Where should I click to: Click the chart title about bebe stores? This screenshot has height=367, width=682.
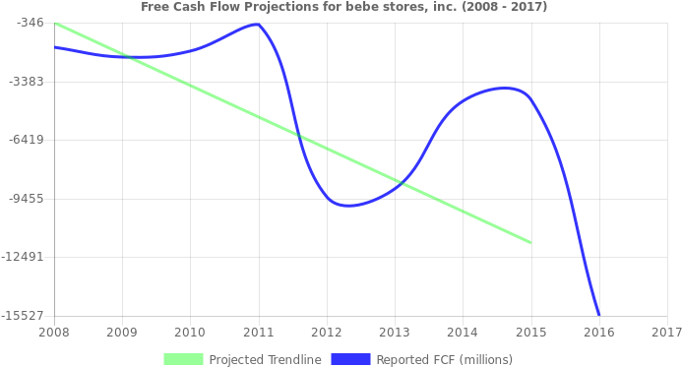[x=343, y=7]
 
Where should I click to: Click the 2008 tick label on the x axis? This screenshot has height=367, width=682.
[x=53, y=333]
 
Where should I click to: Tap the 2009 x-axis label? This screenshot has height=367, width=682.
[x=122, y=333]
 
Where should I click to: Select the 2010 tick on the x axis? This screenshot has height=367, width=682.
[x=190, y=333]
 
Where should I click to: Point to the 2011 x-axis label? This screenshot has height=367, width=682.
[x=258, y=333]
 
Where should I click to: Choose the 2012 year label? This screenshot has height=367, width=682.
[x=327, y=333]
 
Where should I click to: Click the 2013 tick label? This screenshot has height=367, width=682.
[x=395, y=333]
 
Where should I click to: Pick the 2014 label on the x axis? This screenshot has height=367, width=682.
[x=463, y=333]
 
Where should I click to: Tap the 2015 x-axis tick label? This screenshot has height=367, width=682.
[x=530, y=333]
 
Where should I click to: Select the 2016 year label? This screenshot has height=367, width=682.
[x=599, y=333]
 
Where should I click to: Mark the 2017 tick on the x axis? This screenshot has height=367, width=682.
[x=666, y=333]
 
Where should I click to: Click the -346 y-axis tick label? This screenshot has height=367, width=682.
[x=31, y=22]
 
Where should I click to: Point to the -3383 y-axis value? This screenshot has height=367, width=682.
[x=27, y=81]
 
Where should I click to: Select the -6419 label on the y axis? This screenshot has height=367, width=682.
[x=27, y=139]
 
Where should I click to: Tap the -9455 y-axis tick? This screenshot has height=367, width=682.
[x=27, y=198]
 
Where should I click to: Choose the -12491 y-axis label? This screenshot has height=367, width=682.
[x=24, y=257]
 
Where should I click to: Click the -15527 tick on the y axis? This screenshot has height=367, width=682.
[x=24, y=315]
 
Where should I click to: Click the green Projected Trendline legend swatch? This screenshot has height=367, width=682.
[x=183, y=359]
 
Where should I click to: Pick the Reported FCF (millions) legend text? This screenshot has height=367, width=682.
[x=444, y=359]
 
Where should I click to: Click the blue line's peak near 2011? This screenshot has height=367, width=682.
[x=258, y=24]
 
